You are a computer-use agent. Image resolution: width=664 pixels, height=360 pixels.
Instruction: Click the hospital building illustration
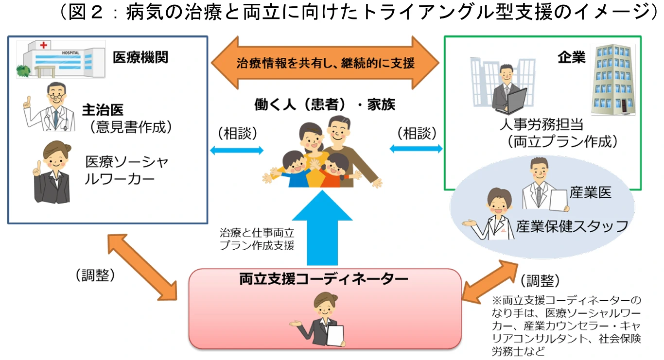pyautogui.click(x=61, y=59)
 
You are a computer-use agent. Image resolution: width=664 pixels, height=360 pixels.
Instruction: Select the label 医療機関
pyautogui.click(x=140, y=57)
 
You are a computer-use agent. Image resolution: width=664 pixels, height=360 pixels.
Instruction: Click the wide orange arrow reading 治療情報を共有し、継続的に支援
pyautogui.click(x=325, y=63)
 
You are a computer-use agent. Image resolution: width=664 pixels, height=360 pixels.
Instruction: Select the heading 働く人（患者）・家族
pyautogui.click(x=325, y=104)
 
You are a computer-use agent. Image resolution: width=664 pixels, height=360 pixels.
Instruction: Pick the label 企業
pyautogui.click(x=571, y=58)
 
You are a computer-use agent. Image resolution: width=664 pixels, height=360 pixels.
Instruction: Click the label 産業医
pyautogui.click(x=591, y=192)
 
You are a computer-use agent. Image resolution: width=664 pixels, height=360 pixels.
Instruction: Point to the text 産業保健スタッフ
pyautogui.click(x=572, y=225)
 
